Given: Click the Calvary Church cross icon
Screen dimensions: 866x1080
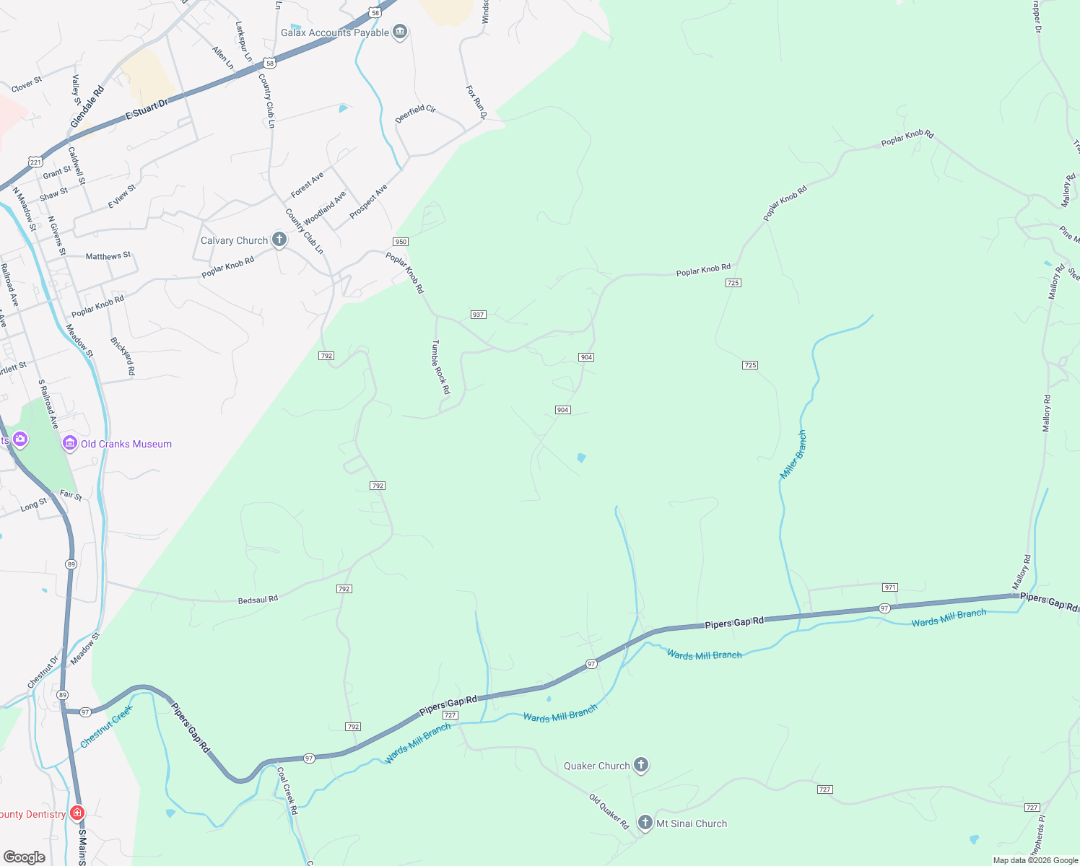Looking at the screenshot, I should click(x=279, y=240).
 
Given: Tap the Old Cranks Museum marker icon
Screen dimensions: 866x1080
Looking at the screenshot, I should click(x=70, y=443).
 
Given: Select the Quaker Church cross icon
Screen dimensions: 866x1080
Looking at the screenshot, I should click(x=640, y=765).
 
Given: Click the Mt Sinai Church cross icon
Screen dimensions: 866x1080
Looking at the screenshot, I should click(x=645, y=823).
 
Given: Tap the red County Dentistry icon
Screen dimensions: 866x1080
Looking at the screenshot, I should click(x=77, y=813).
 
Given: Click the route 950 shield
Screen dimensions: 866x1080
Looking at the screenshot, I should click(x=401, y=242).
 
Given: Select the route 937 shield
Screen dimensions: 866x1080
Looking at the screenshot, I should click(x=478, y=315).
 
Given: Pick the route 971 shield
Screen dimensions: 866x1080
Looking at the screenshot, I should click(x=890, y=587).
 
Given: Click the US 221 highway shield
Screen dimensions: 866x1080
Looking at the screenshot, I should click(x=35, y=162).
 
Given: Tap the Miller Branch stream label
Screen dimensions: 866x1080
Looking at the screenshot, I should click(x=793, y=455).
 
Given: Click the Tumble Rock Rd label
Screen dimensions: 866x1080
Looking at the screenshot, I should click(x=440, y=367).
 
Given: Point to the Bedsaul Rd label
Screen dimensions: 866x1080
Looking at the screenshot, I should click(x=258, y=600).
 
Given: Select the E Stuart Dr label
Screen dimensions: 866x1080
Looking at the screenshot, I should click(x=147, y=109).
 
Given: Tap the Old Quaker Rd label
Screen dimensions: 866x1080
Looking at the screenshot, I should click(x=609, y=812).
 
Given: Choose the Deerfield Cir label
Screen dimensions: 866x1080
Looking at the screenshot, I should click(x=415, y=114).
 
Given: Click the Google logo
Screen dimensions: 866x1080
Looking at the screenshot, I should click(x=25, y=857).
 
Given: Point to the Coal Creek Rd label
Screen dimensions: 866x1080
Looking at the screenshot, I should click(x=287, y=790).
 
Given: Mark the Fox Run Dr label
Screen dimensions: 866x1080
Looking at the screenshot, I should click(x=476, y=102).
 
